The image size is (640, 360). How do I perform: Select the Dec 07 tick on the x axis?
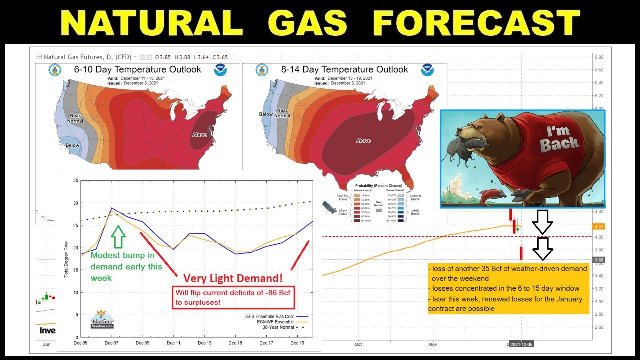(x=112, y=343)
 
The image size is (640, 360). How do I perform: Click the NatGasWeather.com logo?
(x=102, y=320)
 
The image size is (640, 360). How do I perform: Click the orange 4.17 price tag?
(x=599, y=227)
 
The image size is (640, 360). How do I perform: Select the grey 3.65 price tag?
(x=599, y=260)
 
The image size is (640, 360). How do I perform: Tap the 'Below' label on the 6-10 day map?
(x=73, y=145)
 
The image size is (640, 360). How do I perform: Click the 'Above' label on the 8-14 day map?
(x=363, y=141)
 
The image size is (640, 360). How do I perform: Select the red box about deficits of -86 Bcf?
(x=233, y=298)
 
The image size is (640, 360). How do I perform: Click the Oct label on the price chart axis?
(x=358, y=344)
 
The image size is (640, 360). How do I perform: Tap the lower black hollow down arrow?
(x=543, y=249)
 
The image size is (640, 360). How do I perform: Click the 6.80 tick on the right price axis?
(x=598, y=57)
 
